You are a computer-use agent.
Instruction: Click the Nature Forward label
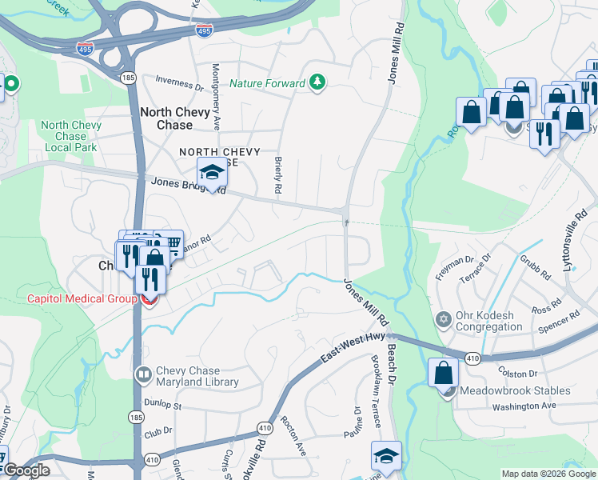267,83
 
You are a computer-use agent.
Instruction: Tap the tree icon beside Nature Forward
318,82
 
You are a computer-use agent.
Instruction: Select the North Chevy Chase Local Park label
71,137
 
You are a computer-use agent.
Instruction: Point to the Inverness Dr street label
179,83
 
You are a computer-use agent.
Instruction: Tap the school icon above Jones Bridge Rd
212,173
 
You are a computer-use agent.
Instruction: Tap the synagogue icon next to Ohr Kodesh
445,321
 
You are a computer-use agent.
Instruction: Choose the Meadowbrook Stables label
520,390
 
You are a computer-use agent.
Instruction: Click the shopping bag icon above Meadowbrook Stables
444,373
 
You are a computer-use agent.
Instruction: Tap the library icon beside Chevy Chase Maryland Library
144,373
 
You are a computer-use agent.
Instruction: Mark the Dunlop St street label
163,406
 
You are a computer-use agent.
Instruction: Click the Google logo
28,470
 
